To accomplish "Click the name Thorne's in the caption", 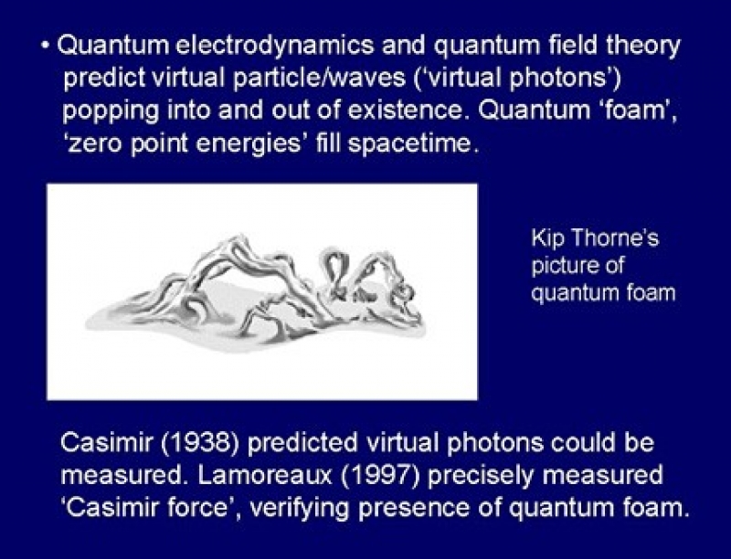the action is click(615, 237).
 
